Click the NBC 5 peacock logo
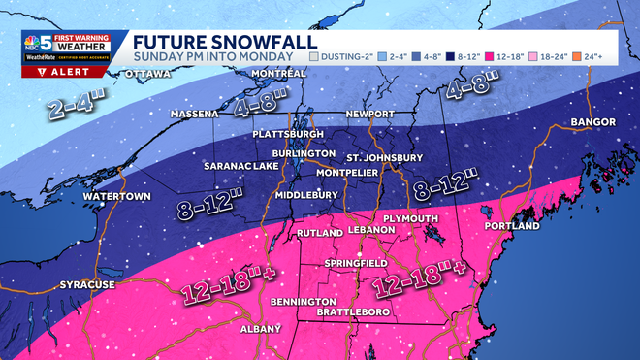pos(38,46)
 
